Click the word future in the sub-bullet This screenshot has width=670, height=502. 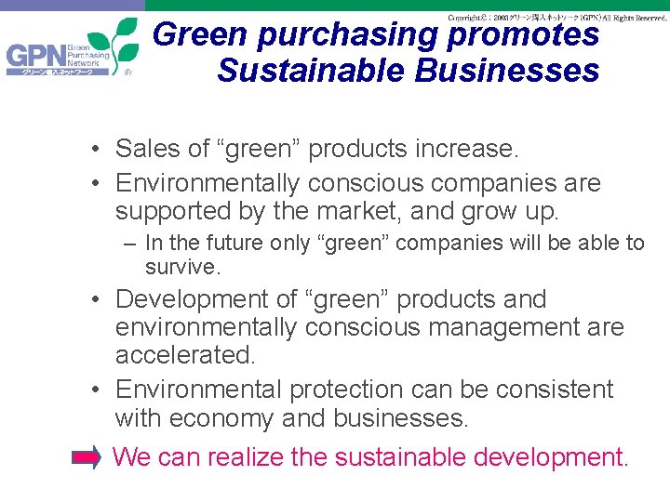click(x=223, y=244)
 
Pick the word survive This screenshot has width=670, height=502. click(x=182, y=268)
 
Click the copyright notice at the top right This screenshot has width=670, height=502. click(x=556, y=18)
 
